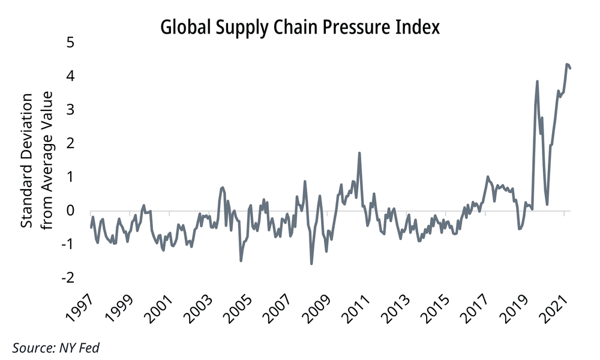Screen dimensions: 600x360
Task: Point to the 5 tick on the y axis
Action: point(70,42)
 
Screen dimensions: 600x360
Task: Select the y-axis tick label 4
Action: point(70,76)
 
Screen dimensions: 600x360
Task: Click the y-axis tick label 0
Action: point(70,210)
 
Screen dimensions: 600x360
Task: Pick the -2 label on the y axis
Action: point(67,277)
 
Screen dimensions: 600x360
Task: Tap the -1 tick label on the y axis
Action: point(67,244)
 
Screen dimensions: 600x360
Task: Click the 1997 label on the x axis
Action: point(80,308)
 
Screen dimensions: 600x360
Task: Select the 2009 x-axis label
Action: point(316,308)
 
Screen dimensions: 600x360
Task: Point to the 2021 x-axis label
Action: point(553,308)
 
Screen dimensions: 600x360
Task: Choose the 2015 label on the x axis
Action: point(434,308)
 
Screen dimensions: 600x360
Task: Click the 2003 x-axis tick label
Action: point(198,308)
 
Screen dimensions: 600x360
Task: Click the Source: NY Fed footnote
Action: point(56,348)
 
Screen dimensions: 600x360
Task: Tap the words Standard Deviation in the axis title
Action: point(26,161)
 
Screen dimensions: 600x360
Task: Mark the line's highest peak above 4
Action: point(567,64)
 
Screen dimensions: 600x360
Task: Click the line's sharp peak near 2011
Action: point(359,153)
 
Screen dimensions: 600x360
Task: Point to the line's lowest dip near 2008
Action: point(311,263)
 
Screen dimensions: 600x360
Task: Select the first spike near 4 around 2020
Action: point(537,82)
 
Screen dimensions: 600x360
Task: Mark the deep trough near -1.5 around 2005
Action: point(241,260)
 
